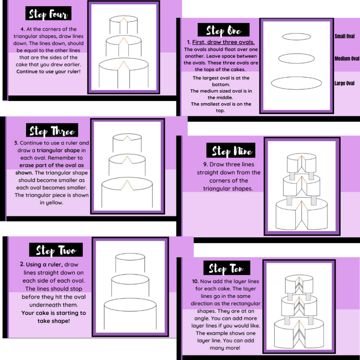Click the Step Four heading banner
(x=48, y=14)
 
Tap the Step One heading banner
(x=223, y=30)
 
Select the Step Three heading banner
(x=52, y=130)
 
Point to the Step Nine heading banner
(x=231, y=150)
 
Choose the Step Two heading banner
(x=56, y=250)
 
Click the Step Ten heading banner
(x=227, y=268)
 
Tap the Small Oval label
(x=345, y=36)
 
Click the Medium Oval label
(x=347, y=59)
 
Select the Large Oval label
(x=344, y=83)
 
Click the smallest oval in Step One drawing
(x=296, y=33)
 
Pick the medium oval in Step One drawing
(x=296, y=54)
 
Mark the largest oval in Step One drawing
(x=296, y=77)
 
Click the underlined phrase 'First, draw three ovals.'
(x=223, y=42)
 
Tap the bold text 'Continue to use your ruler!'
(x=49, y=71)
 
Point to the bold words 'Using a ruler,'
(x=44, y=264)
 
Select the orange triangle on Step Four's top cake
(x=123, y=20)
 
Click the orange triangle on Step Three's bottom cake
(x=127, y=185)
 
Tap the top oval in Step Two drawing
(x=130, y=254)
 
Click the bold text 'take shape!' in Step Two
(x=54, y=321)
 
